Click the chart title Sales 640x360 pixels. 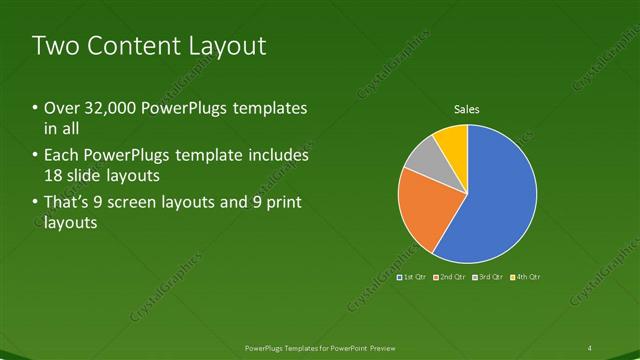[x=467, y=108]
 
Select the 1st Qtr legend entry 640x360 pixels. [x=412, y=276]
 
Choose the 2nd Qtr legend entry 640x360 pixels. [x=450, y=276]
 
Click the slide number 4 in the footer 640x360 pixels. [x=589, y=347]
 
